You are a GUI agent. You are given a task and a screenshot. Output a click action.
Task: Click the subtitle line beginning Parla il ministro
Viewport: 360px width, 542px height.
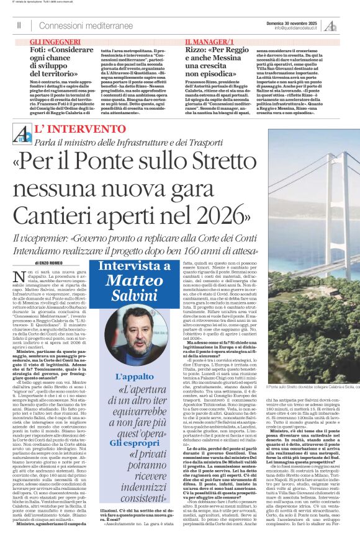pyautogui.click(x=142, y=144)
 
